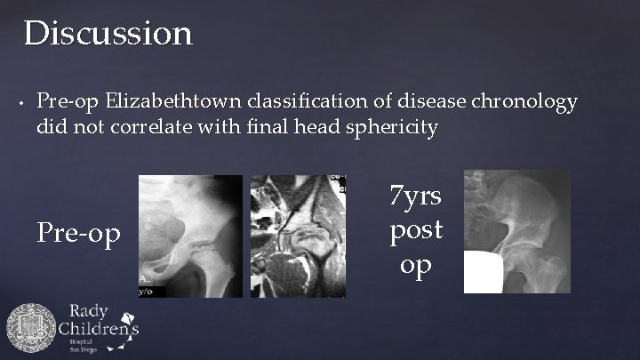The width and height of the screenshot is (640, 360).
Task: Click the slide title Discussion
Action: [108, 34]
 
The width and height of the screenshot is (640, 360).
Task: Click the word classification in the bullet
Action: [305, 101]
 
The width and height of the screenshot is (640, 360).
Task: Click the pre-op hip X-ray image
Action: [190, 236]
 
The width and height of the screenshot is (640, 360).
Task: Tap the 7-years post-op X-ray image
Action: [516, 231]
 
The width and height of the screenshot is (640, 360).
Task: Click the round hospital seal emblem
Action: [31, 330]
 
